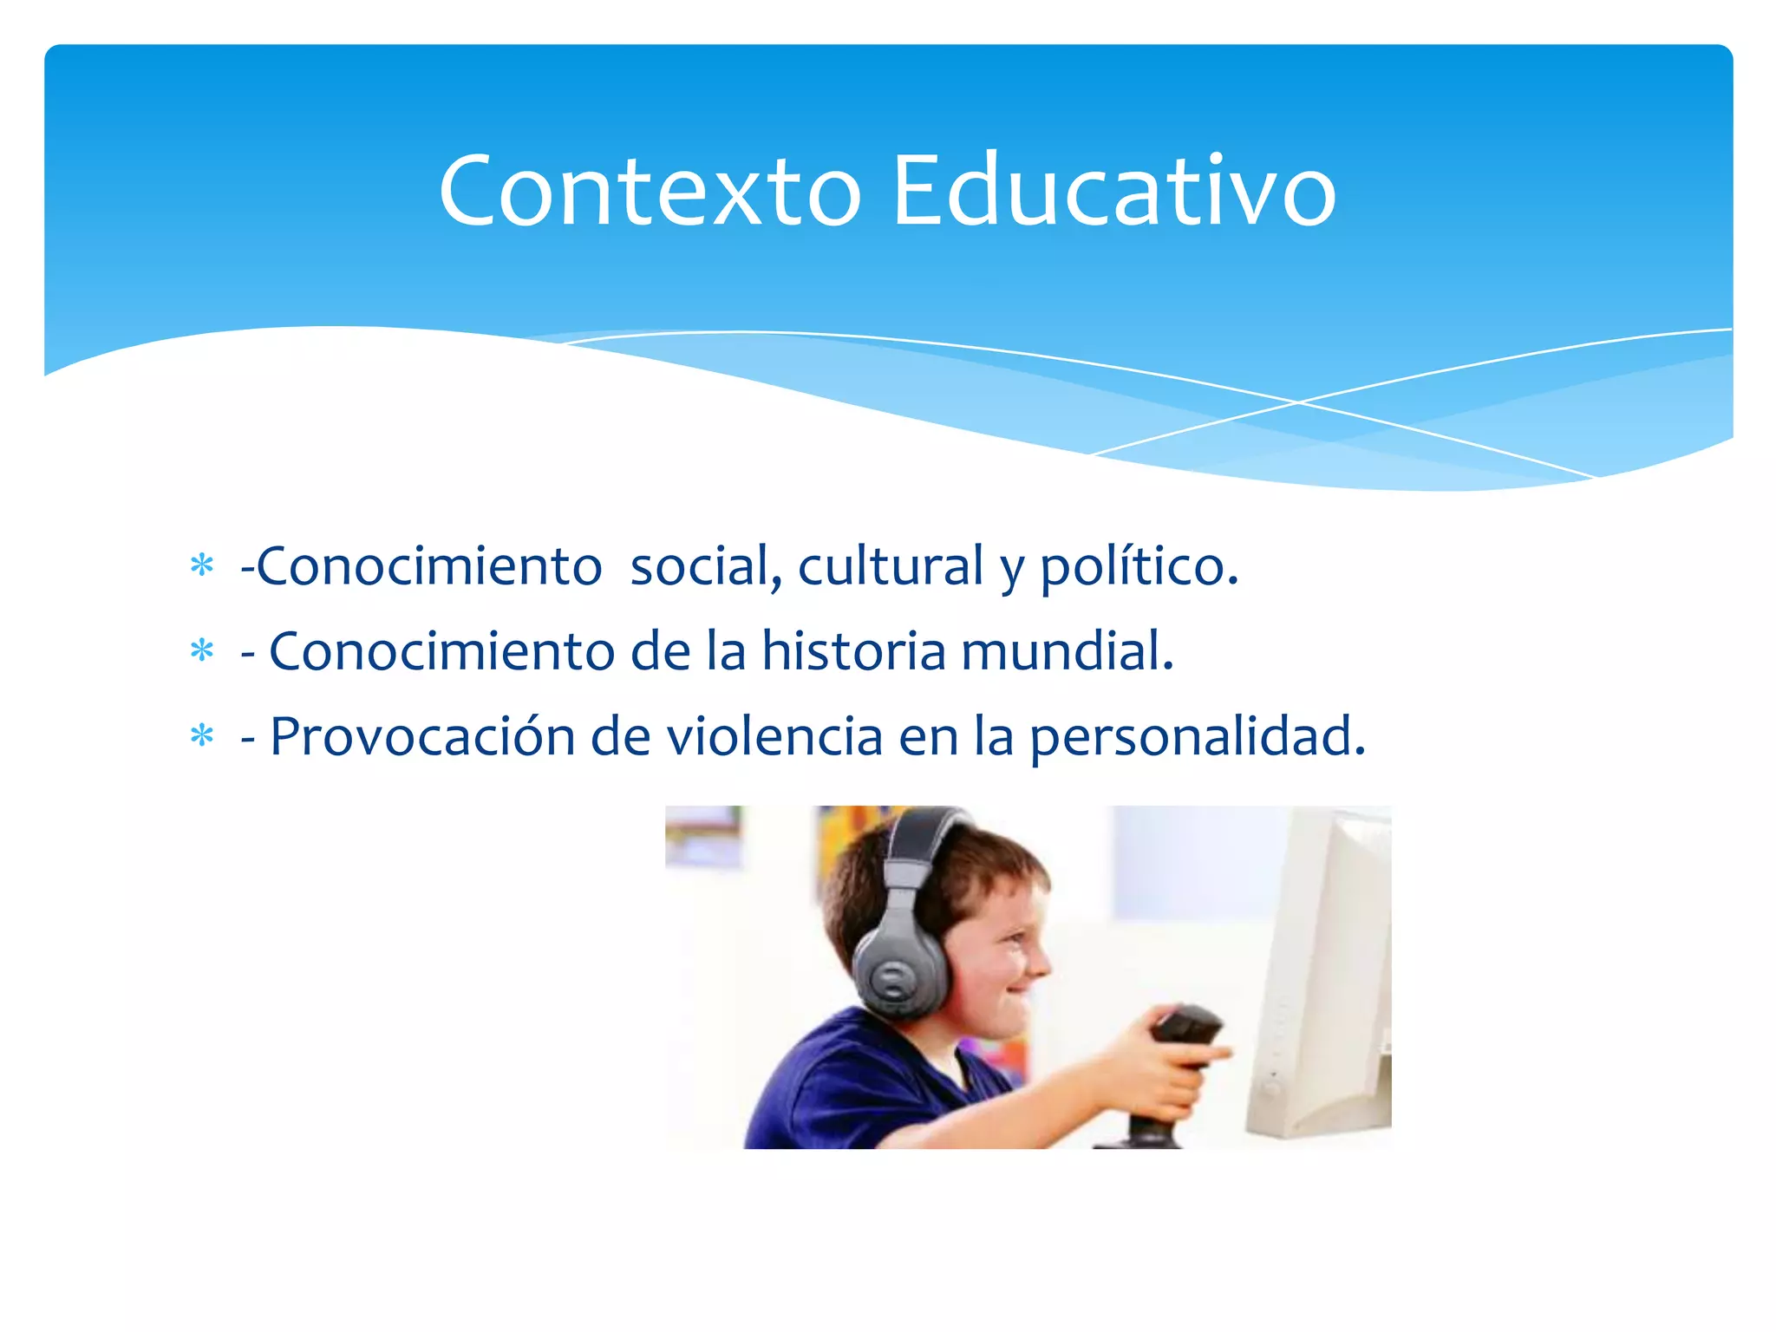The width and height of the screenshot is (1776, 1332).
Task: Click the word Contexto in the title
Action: point(650,191)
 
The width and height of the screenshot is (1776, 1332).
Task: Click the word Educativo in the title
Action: point(1113,191)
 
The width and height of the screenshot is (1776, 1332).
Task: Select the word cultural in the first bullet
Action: point(890,567)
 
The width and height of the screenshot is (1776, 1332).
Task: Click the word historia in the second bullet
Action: point(853,651)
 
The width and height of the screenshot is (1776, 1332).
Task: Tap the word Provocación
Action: point(422,737)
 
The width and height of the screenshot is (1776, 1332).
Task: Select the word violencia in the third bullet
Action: point(774,737)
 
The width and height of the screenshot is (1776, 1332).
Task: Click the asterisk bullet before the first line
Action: point(202,566)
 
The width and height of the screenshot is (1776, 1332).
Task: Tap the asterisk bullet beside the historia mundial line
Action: point(202,650)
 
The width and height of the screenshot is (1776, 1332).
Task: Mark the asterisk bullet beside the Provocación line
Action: point(202,736)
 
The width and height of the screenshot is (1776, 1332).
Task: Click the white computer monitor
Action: point(1322,971)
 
